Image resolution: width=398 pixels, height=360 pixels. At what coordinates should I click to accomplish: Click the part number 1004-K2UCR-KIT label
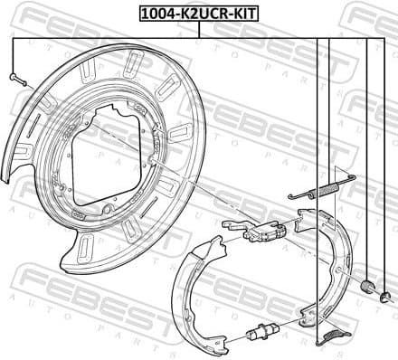[x=198, y=13]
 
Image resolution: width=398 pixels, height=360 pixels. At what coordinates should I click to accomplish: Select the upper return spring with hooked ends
[x=322, y=188]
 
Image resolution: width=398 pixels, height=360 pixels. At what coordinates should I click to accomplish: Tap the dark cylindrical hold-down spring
[x=368, y=287]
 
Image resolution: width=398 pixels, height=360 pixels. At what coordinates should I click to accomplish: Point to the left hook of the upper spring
[x=292, y=196]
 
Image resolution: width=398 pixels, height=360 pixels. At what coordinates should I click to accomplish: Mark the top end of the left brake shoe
[x=217, y=241]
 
